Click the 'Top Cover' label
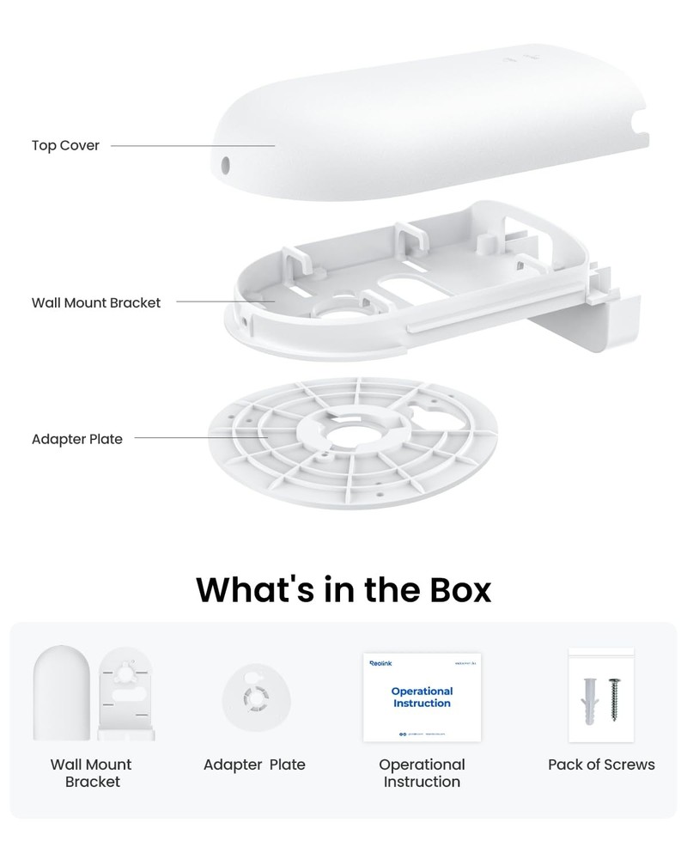pyautogui.click(x=65, y=145)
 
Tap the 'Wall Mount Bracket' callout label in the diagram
pyautogui.click(x=95, y=302)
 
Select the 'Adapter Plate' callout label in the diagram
pyautogui.click(x=76, y=439)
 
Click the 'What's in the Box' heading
pyautogui.click(x=343, y=589)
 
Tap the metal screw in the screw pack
pyautogui.click(x=615, y=698)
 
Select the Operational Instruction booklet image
pyautogui.click(x=422, y=697)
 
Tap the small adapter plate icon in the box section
pyautogui.click(x=254, y=698)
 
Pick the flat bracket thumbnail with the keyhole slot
pyautogui.click(x=126, y=694)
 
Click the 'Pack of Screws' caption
pyautogui.click(x=601, y=765)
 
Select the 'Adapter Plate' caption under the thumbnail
pyautogui.click(x=254, y=765)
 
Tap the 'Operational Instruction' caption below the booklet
pyautogui.click(x=422, y=773)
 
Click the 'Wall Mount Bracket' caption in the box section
pyautogui.click(x=91, y=773)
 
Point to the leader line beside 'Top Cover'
pyautogui.click(x=192, y=146)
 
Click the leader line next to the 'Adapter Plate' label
pyautogui.click(x=201, y=438)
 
